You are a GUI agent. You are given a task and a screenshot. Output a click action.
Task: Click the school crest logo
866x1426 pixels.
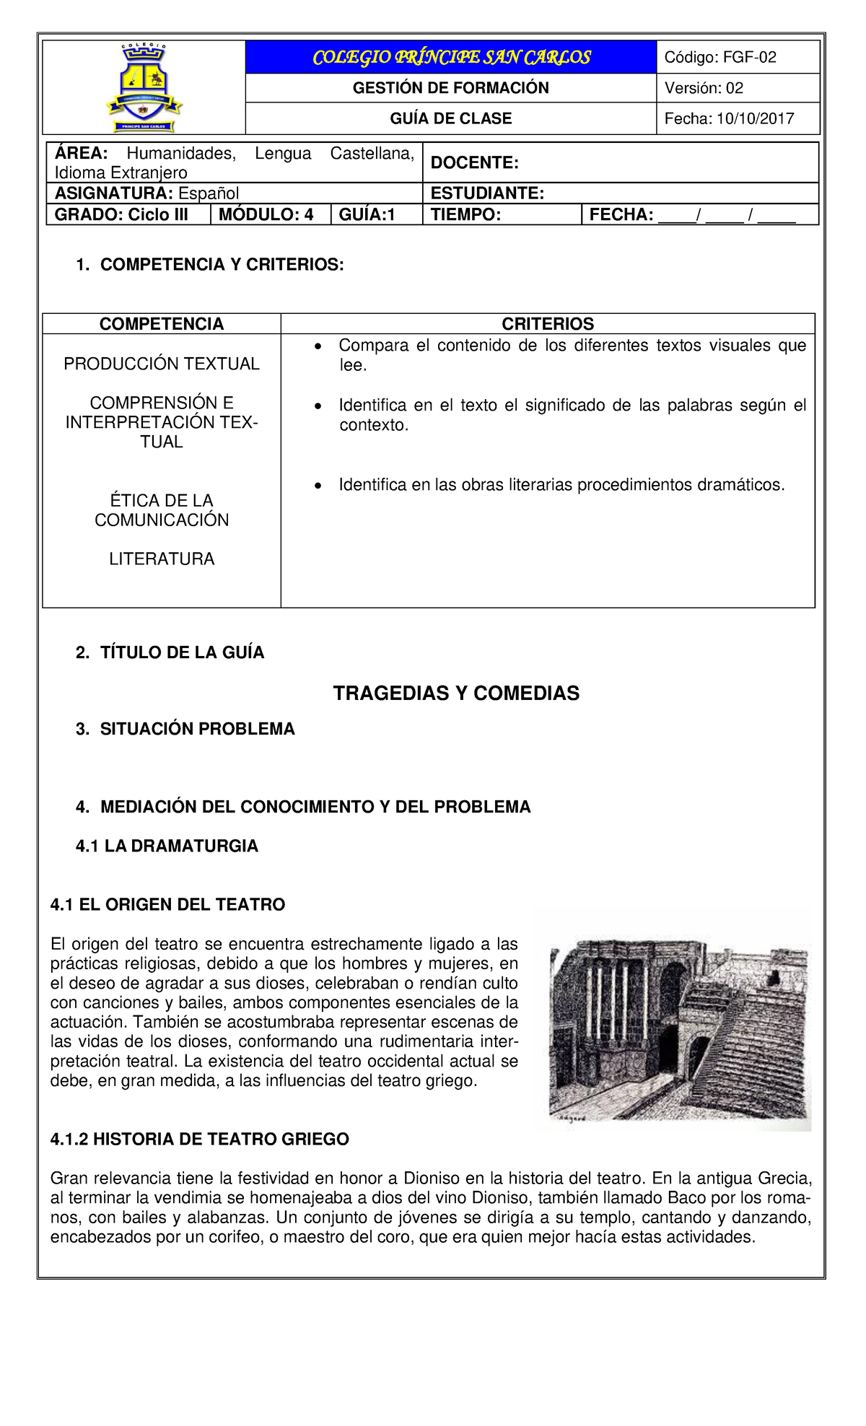point(144,87)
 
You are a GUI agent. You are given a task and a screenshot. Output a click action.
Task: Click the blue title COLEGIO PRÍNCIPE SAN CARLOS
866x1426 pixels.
point(451,58)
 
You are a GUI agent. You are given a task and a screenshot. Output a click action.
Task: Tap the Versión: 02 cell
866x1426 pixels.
point(704,88)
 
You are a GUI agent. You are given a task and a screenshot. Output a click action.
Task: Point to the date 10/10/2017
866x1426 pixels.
point(755,119)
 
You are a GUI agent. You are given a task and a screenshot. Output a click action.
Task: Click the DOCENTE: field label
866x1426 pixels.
point(475,163)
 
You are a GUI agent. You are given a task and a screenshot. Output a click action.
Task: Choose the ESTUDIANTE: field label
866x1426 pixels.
point(487,193)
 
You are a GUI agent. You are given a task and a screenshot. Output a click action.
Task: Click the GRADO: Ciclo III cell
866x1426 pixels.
point(121,215)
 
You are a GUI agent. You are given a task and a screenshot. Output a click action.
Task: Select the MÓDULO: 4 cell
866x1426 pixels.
point(266,215)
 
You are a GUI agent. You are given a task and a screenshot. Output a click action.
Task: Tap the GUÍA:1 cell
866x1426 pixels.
point(367,215)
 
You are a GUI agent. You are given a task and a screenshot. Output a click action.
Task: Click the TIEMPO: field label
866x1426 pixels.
point(465,215)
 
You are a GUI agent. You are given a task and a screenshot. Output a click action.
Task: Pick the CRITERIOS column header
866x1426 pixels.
point(548,324)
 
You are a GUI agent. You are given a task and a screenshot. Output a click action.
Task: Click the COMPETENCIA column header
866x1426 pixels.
point(162,324)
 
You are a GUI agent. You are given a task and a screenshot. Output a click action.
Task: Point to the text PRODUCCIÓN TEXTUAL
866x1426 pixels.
point(162,364)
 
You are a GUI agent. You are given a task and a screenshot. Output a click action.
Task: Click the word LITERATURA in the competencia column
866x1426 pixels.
point(162,559)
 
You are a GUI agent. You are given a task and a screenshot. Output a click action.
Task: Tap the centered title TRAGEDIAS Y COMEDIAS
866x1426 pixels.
point(456,694)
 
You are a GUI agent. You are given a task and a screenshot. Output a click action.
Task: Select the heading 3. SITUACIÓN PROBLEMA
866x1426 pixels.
point(185,729)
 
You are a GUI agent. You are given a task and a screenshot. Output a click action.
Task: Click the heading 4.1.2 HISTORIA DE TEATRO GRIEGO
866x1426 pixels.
point(200,1140)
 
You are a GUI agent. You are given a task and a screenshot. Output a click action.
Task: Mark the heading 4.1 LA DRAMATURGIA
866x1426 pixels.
point(167,846)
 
